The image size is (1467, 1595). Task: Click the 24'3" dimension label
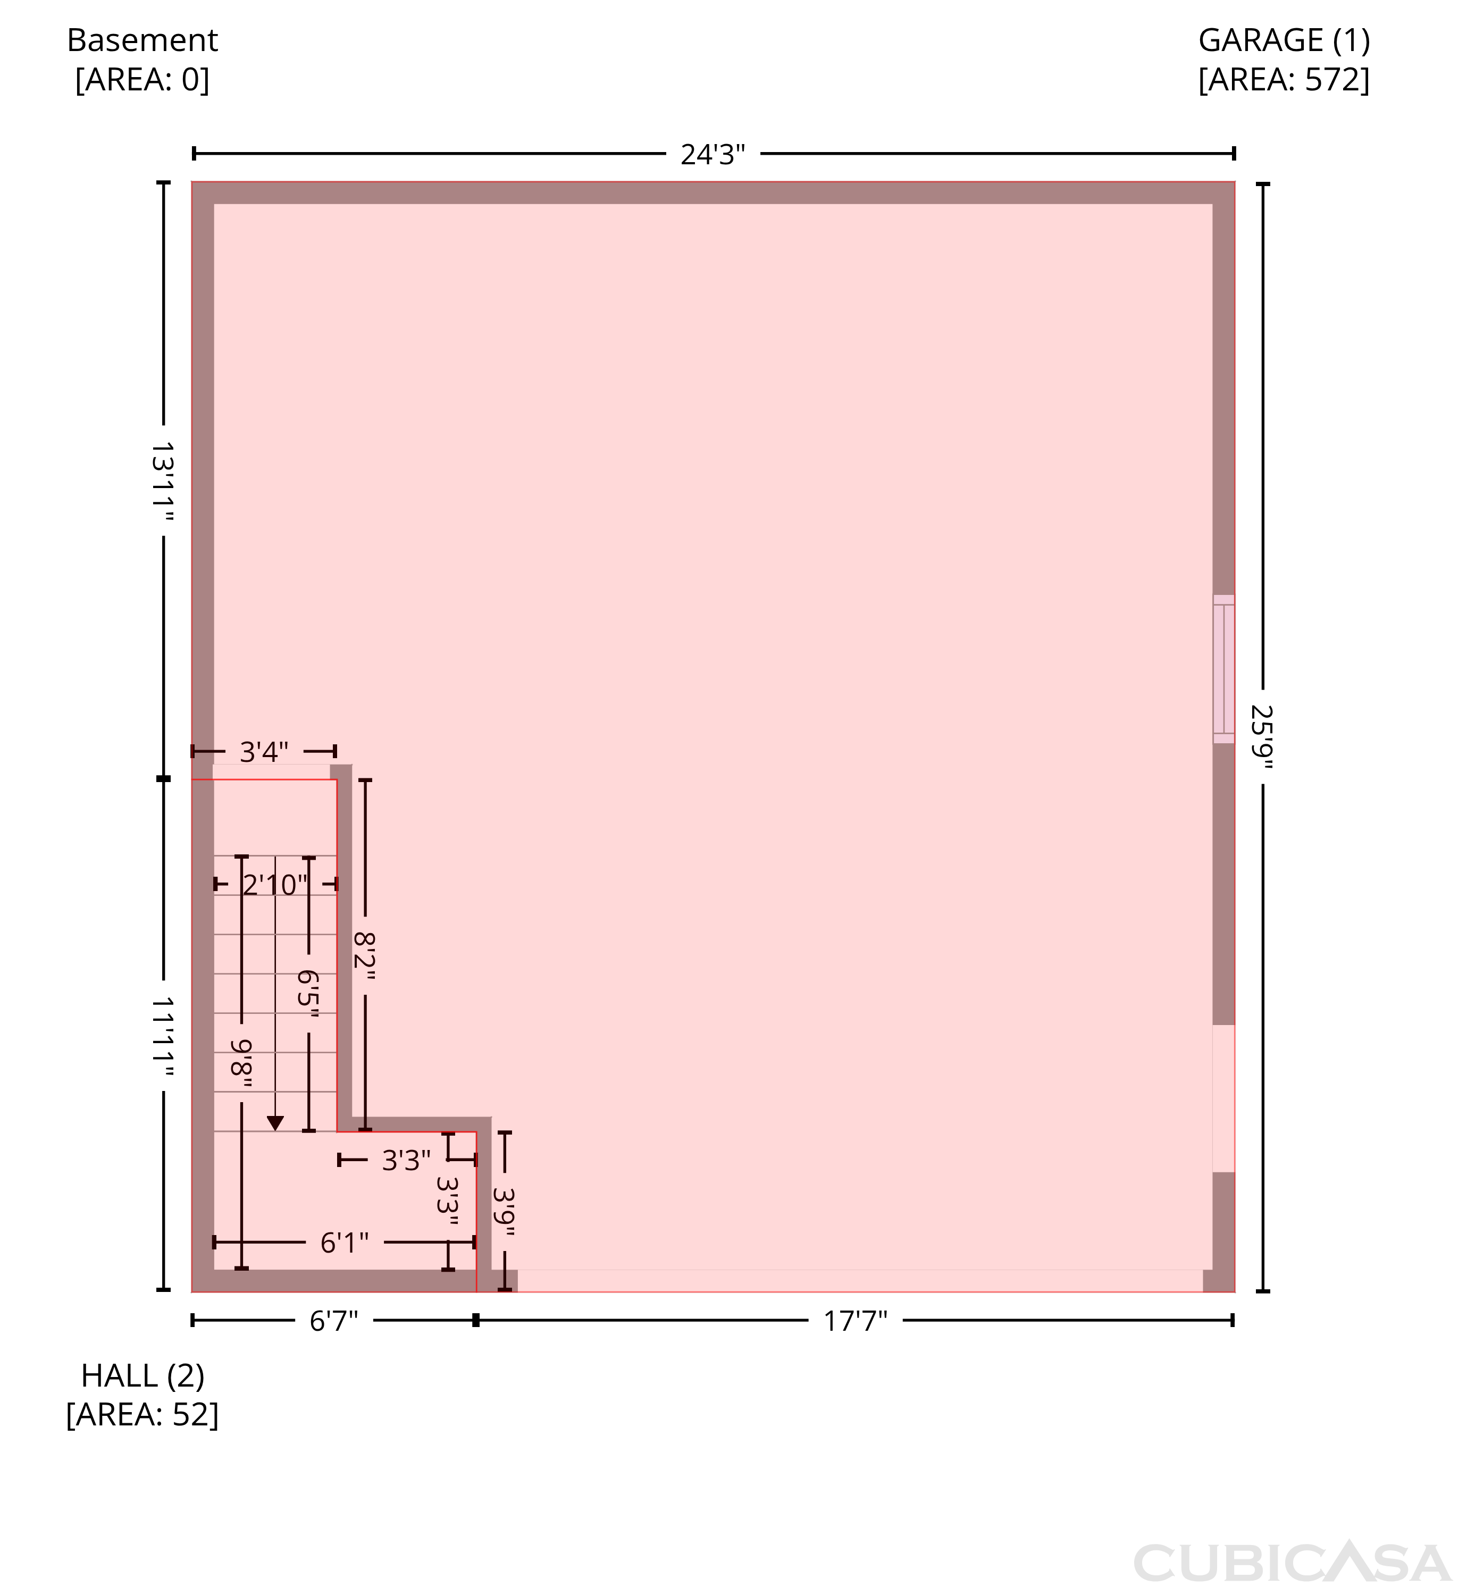[713, 154]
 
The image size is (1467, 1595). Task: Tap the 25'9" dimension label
[1262, 737]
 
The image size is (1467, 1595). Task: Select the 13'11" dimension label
[163, 481]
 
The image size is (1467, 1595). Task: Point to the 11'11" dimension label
[163, 1037]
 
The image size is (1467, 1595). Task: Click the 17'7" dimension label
[855, 1321]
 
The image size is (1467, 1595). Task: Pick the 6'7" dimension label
[333, 1321]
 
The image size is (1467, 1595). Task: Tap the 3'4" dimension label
[264, 751]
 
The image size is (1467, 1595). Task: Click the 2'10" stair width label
[275, 885]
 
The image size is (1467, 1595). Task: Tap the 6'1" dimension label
[345, 1243]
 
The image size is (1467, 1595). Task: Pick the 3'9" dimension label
[504, 1212]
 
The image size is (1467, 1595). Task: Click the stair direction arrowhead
[275, 1123]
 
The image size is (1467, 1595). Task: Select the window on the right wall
[1223, 668]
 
